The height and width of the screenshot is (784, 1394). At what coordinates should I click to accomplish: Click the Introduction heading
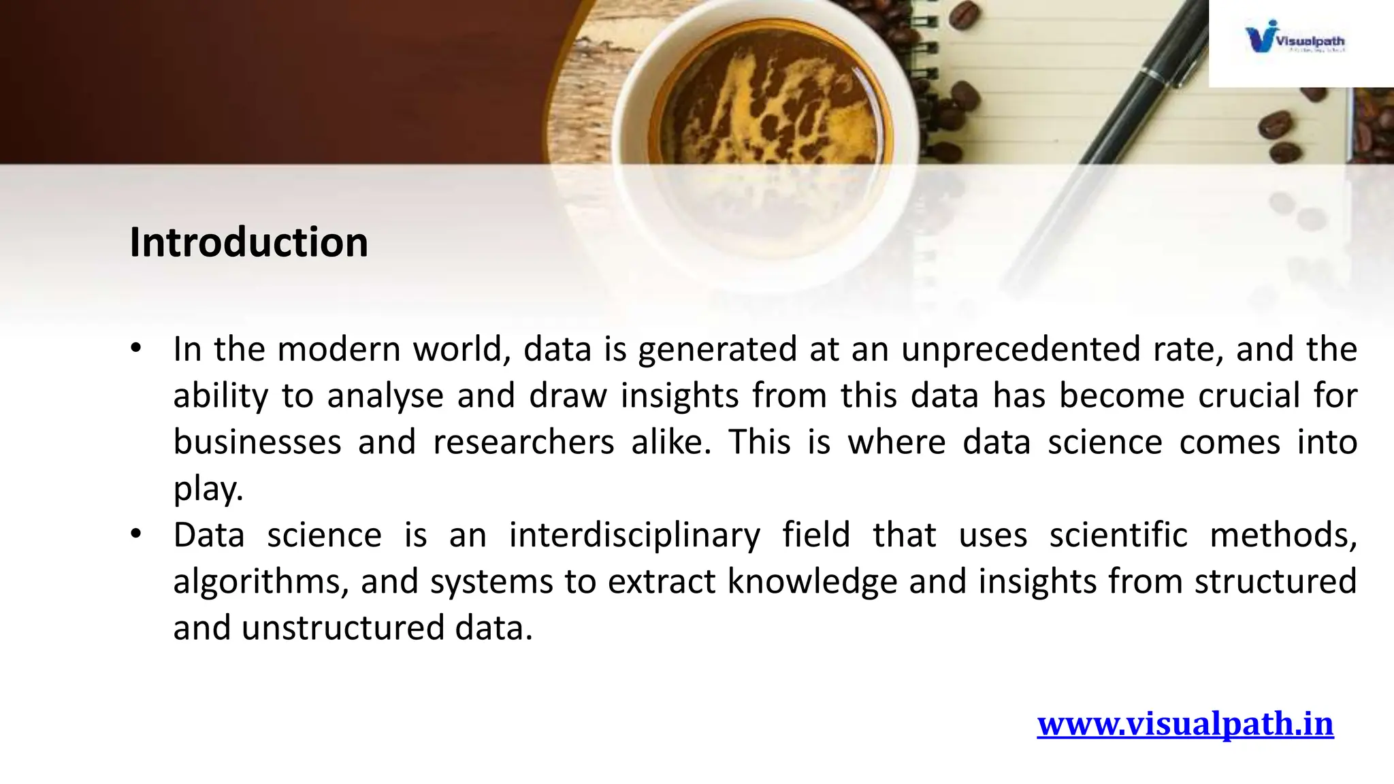click(248, 242)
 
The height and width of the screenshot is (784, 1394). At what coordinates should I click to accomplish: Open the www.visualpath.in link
click(1185, 723)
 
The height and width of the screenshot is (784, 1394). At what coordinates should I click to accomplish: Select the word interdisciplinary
click(634, 536)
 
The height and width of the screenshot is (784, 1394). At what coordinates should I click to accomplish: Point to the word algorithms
click(261, 582)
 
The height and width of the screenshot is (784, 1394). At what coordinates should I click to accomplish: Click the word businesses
click(257, 442)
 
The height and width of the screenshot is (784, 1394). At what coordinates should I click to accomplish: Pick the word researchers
click(523, 442)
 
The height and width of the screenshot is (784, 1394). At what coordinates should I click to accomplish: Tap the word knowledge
click(812, 582)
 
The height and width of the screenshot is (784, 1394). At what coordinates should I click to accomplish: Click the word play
click(208, 489)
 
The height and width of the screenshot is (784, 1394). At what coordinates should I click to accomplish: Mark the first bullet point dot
click(136, 348)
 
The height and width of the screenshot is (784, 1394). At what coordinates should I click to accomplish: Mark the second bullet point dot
click(136, 534)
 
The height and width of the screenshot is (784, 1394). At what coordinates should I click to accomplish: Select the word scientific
click(1118, 536)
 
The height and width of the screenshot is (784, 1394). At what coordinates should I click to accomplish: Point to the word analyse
click(385, 396)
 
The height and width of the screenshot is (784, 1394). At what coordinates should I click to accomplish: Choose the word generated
click(717, 350)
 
